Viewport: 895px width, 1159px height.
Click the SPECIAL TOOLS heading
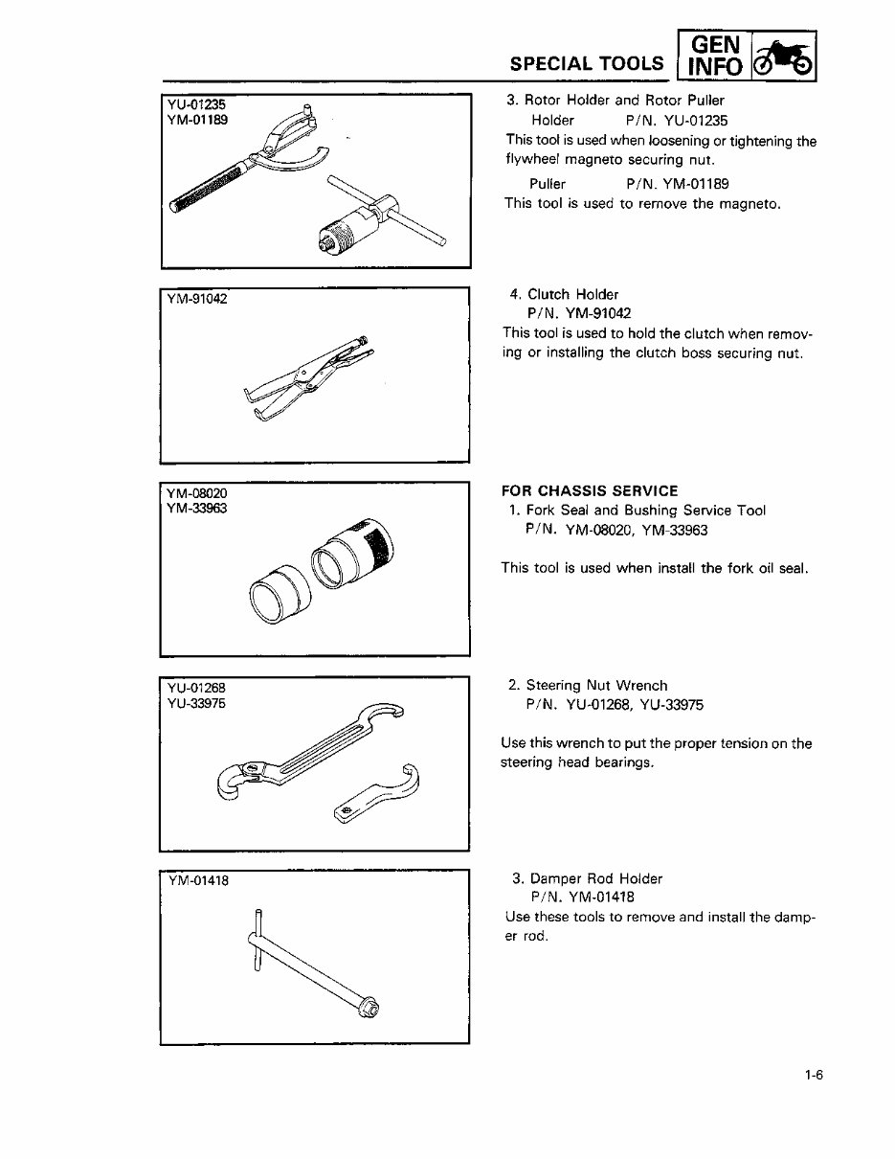click(587, 64)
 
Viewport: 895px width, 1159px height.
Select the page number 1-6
click(815, 1075)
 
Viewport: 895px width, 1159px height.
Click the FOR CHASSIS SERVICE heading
click(590, 491)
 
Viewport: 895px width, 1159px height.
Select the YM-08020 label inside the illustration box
click(195, 492)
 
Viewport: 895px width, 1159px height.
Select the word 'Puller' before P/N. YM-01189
click(548, 183)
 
